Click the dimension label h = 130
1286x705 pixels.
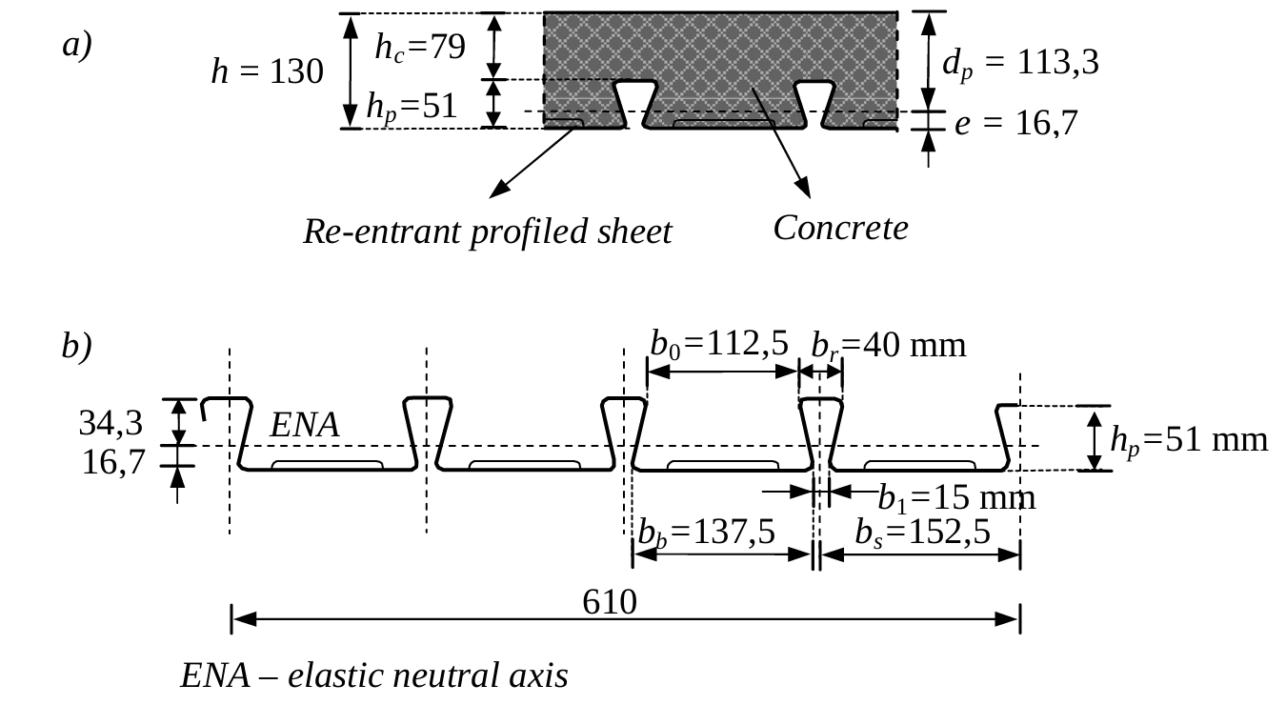tap(268, 71)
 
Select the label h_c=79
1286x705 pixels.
tap(419, 47)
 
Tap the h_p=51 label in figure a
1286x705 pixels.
tap(412, 107)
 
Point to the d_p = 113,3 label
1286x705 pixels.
tap(1020, 63)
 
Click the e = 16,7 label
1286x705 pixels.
tap(1015, 123)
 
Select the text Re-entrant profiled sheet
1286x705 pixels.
tap(487, 232)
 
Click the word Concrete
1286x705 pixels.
tap(840, 228)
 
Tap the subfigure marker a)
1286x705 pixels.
tap(77, 45)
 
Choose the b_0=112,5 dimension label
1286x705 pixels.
tap(719, 343)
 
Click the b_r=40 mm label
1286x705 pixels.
tap(888, 344)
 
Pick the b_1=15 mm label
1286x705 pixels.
tap(955, 497)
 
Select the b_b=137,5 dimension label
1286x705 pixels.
tap(706, 533)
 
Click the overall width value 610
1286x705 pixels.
tap(610, 601)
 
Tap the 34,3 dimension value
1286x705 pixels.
tap(111, 423)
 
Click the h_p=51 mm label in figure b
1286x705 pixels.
tap(1189, 439)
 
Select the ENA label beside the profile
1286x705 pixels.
tap(305, 425)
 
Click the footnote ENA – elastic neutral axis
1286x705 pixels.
tap(374, 675)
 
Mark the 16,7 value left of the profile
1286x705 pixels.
tap(113, 462)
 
